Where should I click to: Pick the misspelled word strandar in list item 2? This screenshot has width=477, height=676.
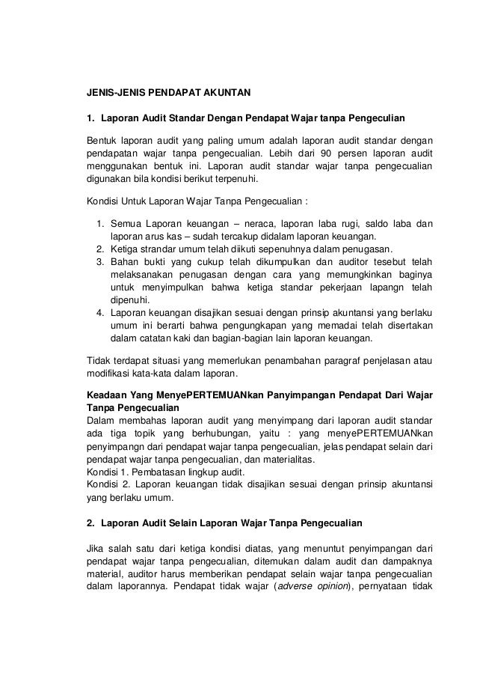164,248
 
